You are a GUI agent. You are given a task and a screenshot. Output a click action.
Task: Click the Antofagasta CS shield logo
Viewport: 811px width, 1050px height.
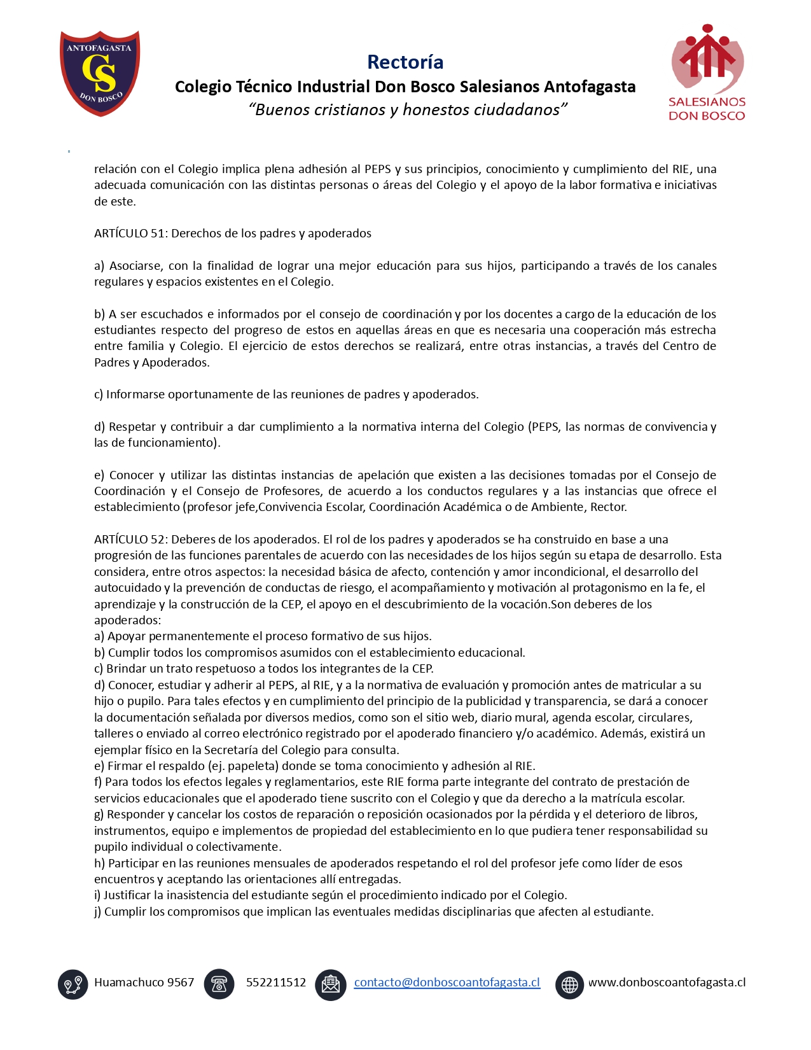tap(100, 73)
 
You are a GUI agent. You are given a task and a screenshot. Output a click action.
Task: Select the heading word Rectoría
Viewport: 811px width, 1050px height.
tap(405, 62)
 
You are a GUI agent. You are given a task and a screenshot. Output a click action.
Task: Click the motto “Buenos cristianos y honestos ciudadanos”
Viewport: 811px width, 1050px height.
tap(408, 109)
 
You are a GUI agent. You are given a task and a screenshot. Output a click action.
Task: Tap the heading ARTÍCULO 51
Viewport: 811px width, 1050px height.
tap(130, 233)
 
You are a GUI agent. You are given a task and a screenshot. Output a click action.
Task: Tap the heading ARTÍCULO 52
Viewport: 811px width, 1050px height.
tap(130, 539)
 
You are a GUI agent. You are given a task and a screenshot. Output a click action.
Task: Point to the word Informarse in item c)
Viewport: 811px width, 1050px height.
tap(135, 394)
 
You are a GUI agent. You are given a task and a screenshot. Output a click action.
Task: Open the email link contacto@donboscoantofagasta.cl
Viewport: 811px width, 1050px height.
tap(447, 982)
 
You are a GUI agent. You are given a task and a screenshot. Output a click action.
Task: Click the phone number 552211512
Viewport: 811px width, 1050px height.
tap(276, 982)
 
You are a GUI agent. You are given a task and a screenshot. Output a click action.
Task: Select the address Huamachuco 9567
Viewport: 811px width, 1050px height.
tap(144, 982)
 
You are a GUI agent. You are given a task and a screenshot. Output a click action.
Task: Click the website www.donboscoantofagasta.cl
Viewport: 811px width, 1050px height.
tap(667, 982)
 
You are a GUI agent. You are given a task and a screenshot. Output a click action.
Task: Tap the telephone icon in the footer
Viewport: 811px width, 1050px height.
tap(219, 984)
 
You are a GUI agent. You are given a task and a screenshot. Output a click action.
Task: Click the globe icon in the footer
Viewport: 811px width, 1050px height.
tap(569, 984)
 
